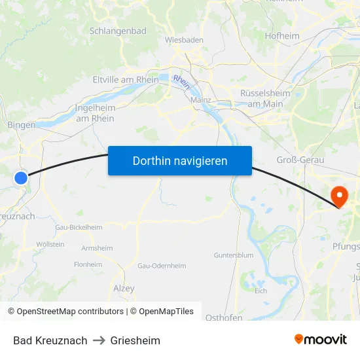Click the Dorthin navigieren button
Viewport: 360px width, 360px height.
(x=180, y=160)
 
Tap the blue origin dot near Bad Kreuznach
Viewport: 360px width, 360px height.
(x=21, y=177)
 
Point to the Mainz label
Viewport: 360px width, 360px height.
(x=200, y=100)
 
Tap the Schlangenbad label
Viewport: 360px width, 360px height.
(x=118, y=31)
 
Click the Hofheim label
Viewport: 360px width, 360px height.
(x=283, y=36)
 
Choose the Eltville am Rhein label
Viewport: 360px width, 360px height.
(x=126, y=80)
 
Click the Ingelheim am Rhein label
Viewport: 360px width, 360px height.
(x=95, y=113)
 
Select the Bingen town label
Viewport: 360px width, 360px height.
(x=21, y=124)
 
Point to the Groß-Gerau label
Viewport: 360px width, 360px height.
(x=300, y=160)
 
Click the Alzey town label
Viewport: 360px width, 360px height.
(x=124, y=289)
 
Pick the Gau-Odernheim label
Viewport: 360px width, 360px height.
(x=162, y=266)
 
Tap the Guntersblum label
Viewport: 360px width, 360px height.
(x=233, y=255)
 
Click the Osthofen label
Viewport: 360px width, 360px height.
(x=224, y=317)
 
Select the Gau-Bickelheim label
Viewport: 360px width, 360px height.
(x=79, y=227)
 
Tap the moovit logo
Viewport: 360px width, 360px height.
(x=321, y=339)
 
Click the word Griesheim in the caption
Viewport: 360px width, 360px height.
(x=135, y=340)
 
